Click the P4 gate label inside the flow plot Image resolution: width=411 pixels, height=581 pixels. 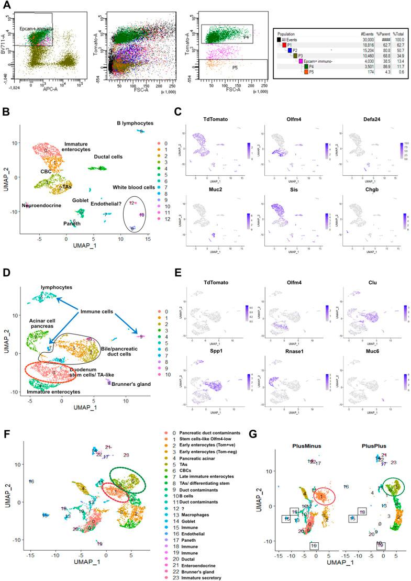246,37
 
